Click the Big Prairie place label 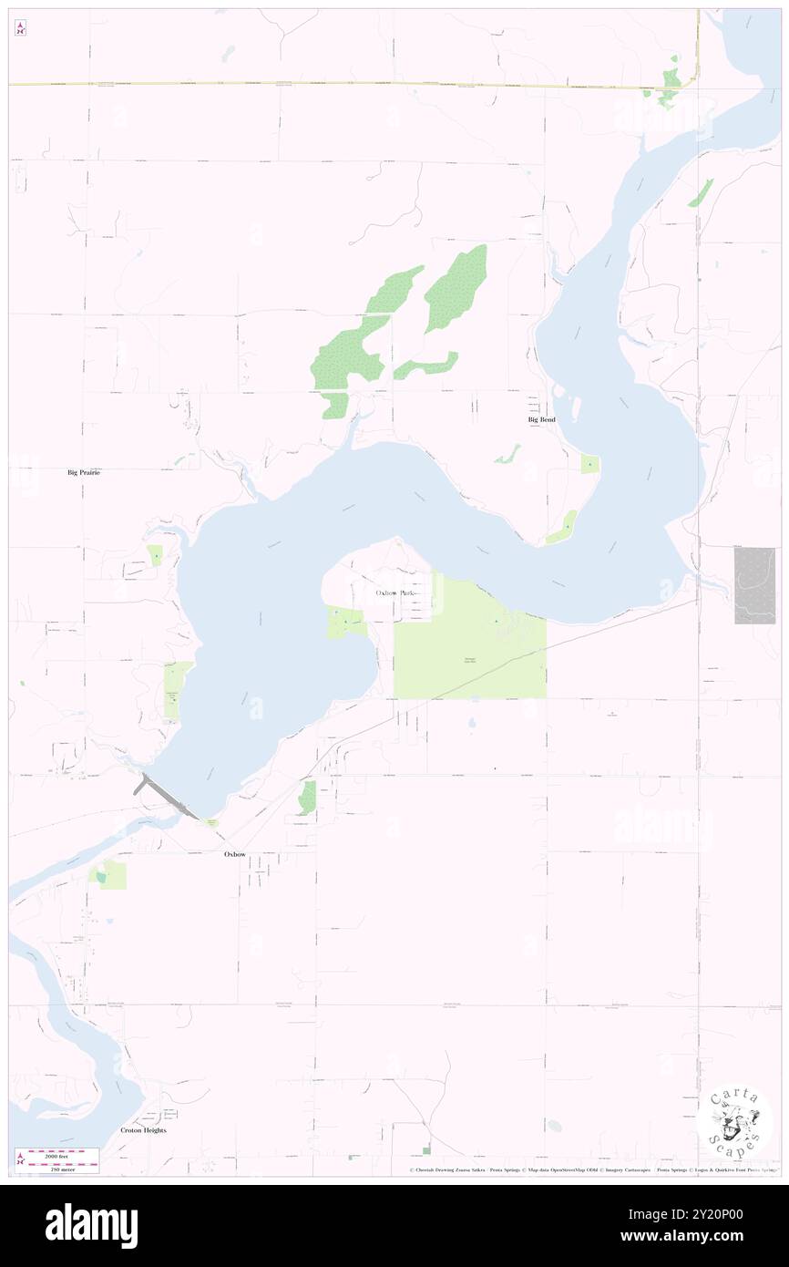pos(84,473)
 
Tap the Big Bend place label pos(541,419)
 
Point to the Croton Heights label pos(144,1129)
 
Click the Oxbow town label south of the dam pos(235,854)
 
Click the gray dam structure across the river pos(167,795)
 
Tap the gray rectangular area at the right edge pos(754,585)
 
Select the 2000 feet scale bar pos(63,1153)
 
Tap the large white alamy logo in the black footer pos(91,1226)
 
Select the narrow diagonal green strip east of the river pos(701,191)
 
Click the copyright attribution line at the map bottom pos(592,1169)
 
